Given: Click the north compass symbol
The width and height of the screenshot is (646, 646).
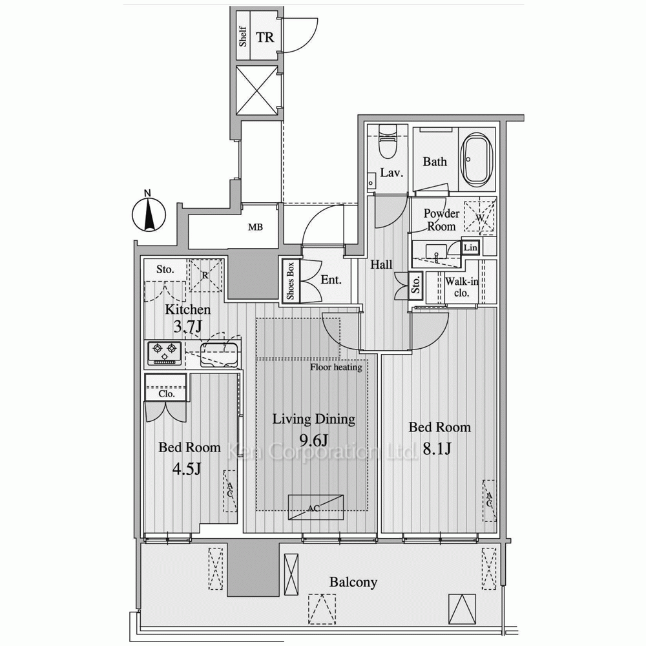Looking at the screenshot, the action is [149, 214].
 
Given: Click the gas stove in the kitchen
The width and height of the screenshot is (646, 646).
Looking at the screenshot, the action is [164, 353].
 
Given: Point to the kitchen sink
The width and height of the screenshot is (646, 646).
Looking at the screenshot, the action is [218, 355].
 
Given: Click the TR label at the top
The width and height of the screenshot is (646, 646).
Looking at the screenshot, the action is [265, 37].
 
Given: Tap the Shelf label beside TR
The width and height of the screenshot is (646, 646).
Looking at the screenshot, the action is [243, 37].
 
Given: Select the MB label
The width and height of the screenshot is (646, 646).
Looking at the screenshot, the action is [255, 227].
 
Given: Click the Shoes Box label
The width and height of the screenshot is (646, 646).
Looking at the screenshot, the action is [291, 281].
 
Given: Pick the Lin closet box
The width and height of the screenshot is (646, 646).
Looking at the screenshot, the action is [470, 247].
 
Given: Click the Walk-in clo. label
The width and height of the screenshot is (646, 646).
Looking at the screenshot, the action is [461, 287].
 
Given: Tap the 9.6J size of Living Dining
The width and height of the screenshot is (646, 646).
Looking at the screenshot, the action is [313, 441].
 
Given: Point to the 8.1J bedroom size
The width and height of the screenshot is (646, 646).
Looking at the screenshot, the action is [437, 449].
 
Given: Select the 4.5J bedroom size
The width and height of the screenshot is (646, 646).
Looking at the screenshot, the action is [186, 468].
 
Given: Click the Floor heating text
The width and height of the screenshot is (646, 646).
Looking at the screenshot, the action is [336, 367].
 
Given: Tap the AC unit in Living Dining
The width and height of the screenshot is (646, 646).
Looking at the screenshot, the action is [316, 507].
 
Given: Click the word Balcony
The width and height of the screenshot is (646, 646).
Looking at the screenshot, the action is [353, 582].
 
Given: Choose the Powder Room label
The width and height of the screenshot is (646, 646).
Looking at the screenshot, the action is [441, 220].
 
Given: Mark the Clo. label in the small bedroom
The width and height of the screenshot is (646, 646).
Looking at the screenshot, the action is [167, 394].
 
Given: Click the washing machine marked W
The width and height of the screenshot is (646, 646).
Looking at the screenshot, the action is [479, 216].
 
